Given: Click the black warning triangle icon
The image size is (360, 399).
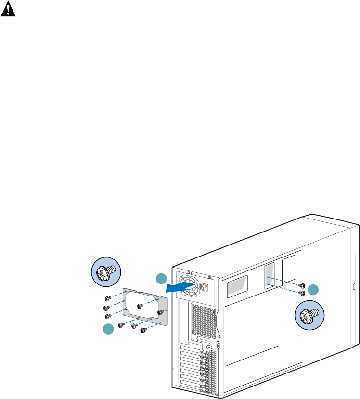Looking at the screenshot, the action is click(x=7, y=11).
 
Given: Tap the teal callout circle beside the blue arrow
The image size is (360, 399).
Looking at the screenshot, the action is click(x=161, y=279).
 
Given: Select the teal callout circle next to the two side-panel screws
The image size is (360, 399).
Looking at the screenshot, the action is click(x=313, y=289).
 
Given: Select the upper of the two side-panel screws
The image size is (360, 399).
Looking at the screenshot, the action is click(x=301, y=286).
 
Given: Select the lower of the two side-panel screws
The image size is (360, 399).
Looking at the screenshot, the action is click(x=302, y=293).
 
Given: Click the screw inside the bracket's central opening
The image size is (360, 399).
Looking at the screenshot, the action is click(x=140, y=306).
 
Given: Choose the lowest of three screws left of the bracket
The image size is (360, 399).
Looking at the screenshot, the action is click(x=108, y=316).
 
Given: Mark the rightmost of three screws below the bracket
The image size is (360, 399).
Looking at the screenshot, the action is click(x=143, y=330).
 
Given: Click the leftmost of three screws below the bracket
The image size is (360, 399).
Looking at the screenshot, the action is click(x=121, y=325).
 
